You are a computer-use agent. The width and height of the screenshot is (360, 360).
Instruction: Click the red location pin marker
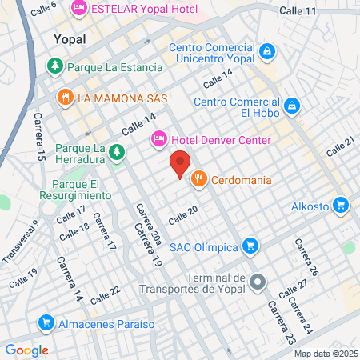click(x=181, y=163)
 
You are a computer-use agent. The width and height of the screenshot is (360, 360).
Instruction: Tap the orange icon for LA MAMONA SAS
click(x=65, y=98)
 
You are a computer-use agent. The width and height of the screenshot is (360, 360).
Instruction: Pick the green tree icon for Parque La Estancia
click(x=55, y=66)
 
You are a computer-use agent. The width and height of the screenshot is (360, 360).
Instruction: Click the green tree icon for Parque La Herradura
click(x=117, y=150)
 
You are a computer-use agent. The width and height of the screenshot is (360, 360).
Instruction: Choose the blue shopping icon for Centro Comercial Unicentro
click(x=268, y=53)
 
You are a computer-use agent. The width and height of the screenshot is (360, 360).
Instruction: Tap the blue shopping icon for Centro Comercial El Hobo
click(x=293, y=106)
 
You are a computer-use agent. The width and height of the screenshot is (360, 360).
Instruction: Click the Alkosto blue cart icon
click(x=342, y=206)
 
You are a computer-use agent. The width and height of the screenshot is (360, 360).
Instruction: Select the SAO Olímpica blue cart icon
click(x=250, y=245)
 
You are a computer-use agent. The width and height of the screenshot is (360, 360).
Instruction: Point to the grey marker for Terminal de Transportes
click(x=257, y=282)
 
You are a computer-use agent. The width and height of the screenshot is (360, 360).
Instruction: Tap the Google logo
click(x=26, y=350)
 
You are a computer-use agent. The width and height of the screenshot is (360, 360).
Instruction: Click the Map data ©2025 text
click(x=323, y=353)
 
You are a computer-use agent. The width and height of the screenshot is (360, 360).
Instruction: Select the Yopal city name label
click(x=69, y=38)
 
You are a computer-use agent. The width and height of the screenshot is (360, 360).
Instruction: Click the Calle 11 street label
click(x=298, y=10)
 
